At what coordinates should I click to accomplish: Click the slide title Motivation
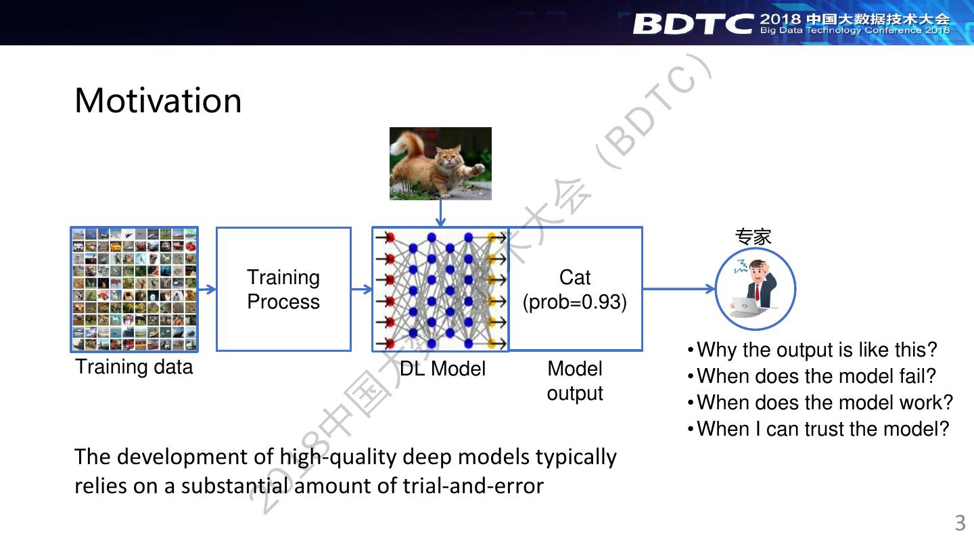[x=158, y=101]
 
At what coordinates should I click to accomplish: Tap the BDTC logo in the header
[x=693, y=24]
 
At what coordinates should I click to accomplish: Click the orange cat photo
[x=440, y=164]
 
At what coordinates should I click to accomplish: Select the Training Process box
[x=283, y=290]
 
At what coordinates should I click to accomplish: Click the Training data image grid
[x=135, y=290]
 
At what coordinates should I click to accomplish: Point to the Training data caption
[x=134, y=367]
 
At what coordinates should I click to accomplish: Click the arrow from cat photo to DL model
[x=440, y=213]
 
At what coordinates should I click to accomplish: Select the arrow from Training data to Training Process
[x=208, y=290]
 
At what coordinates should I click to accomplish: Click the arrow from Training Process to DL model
[x=362, y=290]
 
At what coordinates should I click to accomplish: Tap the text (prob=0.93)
[x=575, y=302]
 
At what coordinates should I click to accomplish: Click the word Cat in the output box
[x=575, y=277]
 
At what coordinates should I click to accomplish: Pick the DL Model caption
[x=442, y=369]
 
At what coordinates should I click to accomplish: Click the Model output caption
[x=575, y=381]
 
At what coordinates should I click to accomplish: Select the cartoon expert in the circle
[x=756, y=289]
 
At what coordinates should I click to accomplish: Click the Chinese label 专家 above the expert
[x=753, y=237]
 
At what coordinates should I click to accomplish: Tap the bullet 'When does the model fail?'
[x=812, y=376]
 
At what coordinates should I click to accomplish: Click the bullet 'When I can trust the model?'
[x=818, y=429]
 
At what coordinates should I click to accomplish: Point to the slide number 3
[x=960, y=523]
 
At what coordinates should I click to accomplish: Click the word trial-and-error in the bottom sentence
[x=473, y=486]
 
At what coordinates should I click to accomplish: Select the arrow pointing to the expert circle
[x=679, y=289]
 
